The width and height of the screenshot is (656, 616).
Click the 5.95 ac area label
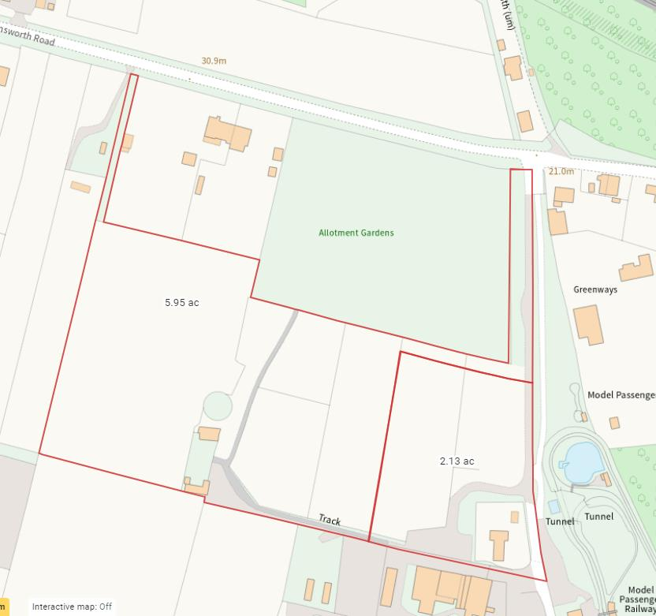coord(181,302)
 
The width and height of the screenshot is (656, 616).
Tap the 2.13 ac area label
coord(457,461)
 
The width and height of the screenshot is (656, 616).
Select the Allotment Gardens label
coord(356,233)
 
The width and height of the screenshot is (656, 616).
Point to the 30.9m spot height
coord(214,61)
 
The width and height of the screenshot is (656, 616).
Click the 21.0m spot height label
coord(561,171)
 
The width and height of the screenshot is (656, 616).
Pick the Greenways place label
coord(594,289)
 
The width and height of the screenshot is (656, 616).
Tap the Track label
coord(330,520)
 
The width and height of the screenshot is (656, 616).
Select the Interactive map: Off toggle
coord(72,607)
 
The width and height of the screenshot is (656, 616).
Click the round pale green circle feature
coord(218,406)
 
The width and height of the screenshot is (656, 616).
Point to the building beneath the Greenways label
coord(587,324)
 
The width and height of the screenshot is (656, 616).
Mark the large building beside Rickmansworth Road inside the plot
coord(228,133)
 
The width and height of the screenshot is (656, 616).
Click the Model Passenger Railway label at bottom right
coord(640,599)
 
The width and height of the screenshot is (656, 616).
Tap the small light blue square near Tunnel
coord(553,506)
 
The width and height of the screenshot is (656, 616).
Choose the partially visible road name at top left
coord(28,35)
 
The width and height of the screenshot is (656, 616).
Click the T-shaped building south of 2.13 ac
coord(498,544)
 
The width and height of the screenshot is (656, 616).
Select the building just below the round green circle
coord(209,434)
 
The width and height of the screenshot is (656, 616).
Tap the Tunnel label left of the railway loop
coord(560,521)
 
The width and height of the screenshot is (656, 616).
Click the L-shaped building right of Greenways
coord(636,268)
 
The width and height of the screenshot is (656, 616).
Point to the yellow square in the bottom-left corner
coord(4,607)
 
